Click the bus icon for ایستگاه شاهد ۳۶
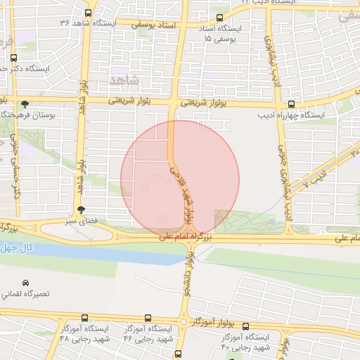click(x=89, y=13)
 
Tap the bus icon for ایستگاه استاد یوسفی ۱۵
click(x=220, y=18)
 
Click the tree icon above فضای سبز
click(x=82, y=209)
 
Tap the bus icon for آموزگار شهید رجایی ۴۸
click(x=85, y=318)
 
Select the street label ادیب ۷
click(x=315, y=176)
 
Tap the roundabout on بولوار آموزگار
click(x=184, y=322)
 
